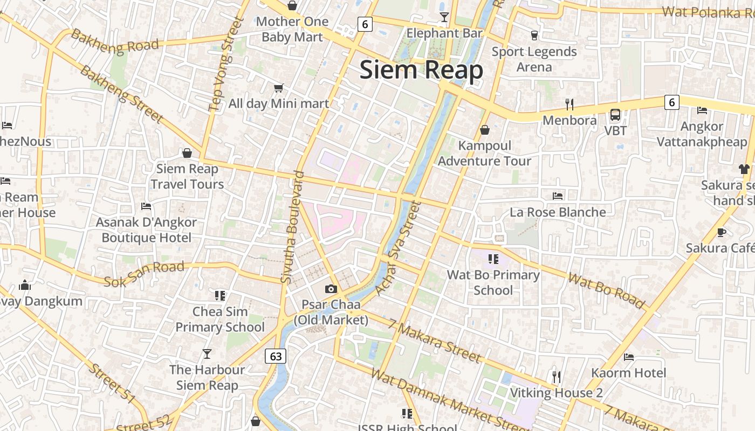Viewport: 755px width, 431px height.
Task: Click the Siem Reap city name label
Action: click(x=421, y=71)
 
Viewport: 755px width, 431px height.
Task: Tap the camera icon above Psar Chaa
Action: click(x=331, y=289)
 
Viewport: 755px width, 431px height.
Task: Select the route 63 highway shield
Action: click(x=276, y=356)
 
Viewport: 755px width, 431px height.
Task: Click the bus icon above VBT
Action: click(x=615, y=115)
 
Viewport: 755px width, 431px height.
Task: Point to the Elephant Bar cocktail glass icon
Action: click(x=444, y=17)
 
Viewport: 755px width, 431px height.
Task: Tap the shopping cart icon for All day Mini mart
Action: click(x=278, y=88)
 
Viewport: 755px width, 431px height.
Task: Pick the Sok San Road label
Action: click(x=144, y=274)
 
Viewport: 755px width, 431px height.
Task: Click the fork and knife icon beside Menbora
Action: click(x=569, y=104)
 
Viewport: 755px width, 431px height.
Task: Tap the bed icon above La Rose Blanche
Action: click(x=558, y=196)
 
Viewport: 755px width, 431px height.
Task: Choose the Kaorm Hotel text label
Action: click(x=629, y=373)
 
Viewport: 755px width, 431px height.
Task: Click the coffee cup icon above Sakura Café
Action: click(x=722, y=232)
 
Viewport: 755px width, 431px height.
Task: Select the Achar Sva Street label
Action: click(x=397, y=248)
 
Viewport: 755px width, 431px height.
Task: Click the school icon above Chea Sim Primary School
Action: click(x=219, y=295)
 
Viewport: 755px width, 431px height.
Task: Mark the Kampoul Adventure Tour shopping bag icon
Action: click(x=484, y=130)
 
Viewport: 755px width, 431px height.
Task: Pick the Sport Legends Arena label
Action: click(x=534, y=59)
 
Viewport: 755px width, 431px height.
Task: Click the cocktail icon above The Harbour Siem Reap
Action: click(x=207, y=353)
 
